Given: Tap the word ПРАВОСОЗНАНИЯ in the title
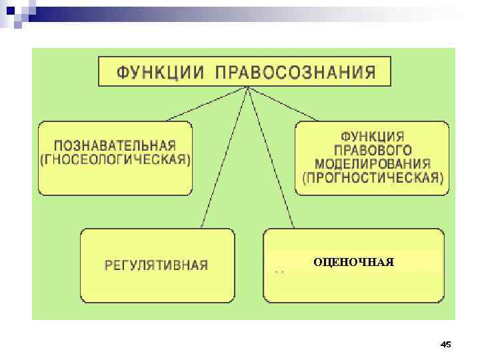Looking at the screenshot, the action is (x=295, y=71).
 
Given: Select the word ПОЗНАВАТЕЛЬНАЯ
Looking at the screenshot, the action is (x=115, y=145).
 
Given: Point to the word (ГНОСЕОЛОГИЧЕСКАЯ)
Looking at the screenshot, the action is (x=115, y=161).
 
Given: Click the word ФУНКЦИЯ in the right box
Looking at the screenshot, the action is (x=373, y=136).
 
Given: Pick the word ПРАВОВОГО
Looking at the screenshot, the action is (x=373, y=150).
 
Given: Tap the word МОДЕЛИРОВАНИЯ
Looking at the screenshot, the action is (x=373, y=164).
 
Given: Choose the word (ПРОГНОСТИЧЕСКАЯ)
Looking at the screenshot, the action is (x=373, y=178).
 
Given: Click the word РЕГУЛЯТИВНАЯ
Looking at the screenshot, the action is (x=157, y=265).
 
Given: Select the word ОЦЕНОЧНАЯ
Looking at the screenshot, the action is (x=353, y=262).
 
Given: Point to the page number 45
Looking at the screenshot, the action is (x=446, y=344).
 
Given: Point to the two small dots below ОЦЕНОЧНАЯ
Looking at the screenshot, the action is (x=280, y=273).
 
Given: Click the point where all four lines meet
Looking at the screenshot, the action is (x=248, y=87).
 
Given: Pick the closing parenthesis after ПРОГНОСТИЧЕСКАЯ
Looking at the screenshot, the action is (x=441, y=178).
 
